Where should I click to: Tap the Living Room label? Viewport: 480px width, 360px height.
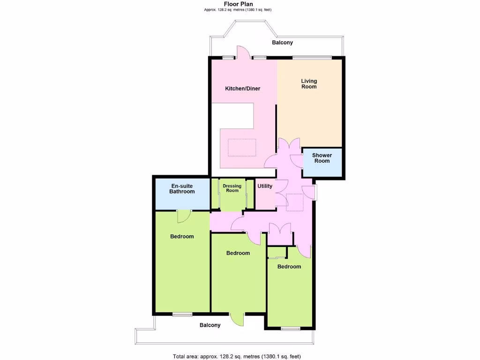[309, 84]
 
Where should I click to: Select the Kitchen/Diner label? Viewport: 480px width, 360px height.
[242, 89]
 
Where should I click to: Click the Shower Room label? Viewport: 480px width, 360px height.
[322, 158]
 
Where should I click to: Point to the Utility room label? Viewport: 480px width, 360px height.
[265, 186]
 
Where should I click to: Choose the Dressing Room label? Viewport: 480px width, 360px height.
[232, 188]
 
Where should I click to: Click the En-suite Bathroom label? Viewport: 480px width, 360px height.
[182, 189]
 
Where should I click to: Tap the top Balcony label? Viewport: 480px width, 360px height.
[283, 43]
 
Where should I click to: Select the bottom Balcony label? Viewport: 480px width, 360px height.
[210, 325]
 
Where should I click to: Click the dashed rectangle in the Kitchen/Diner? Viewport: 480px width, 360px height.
[242, 148]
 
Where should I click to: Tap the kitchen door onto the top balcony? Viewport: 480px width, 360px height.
[243, 52]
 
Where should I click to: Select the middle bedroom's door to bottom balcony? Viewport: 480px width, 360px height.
[238, 319]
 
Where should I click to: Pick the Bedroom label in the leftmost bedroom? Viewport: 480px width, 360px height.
[182, 237]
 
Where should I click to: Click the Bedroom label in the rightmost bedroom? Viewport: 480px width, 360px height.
[289, 267]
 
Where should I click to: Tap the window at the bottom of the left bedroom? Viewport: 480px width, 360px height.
[182, 314]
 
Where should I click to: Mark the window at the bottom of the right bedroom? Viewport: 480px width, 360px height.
[290, 329]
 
